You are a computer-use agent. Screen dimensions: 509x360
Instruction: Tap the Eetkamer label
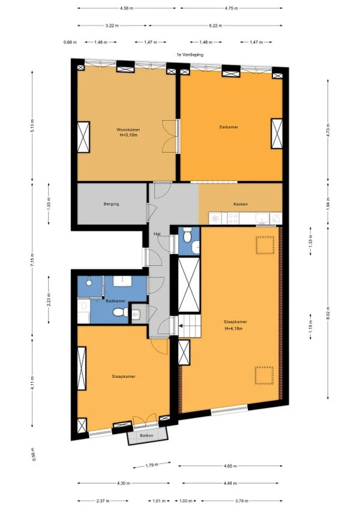pyautogui.click(x=229, y=127)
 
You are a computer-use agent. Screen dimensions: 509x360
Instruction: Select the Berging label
pyautogui.click(x=111, y=204)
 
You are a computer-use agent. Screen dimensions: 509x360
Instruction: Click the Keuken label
pyautogui.click(x=241, y=204)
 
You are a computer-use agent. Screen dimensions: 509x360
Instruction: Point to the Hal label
pyautogui.click(x=157, y=233)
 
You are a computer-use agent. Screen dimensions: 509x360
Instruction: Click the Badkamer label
pyautogui.click(x=115, y=300)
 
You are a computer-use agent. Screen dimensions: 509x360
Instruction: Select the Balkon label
pyautogui.click(x=146, y=435)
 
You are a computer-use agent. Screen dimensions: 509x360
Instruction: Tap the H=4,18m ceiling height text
pyautogui.click(x=237, y=328)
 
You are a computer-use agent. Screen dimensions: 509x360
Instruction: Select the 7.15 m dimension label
pyautogui.click(x=32, y=259)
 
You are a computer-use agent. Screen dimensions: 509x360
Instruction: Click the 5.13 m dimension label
pyautogui.click(x=32, y=127)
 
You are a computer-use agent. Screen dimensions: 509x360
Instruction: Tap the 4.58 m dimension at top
pyautogui.click(x=127, y=9)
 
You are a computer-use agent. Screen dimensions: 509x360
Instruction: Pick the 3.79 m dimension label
pyautogui.click(x=244, y=501)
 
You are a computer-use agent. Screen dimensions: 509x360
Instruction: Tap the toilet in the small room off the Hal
pyautogui.click(x=188, y=237)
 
